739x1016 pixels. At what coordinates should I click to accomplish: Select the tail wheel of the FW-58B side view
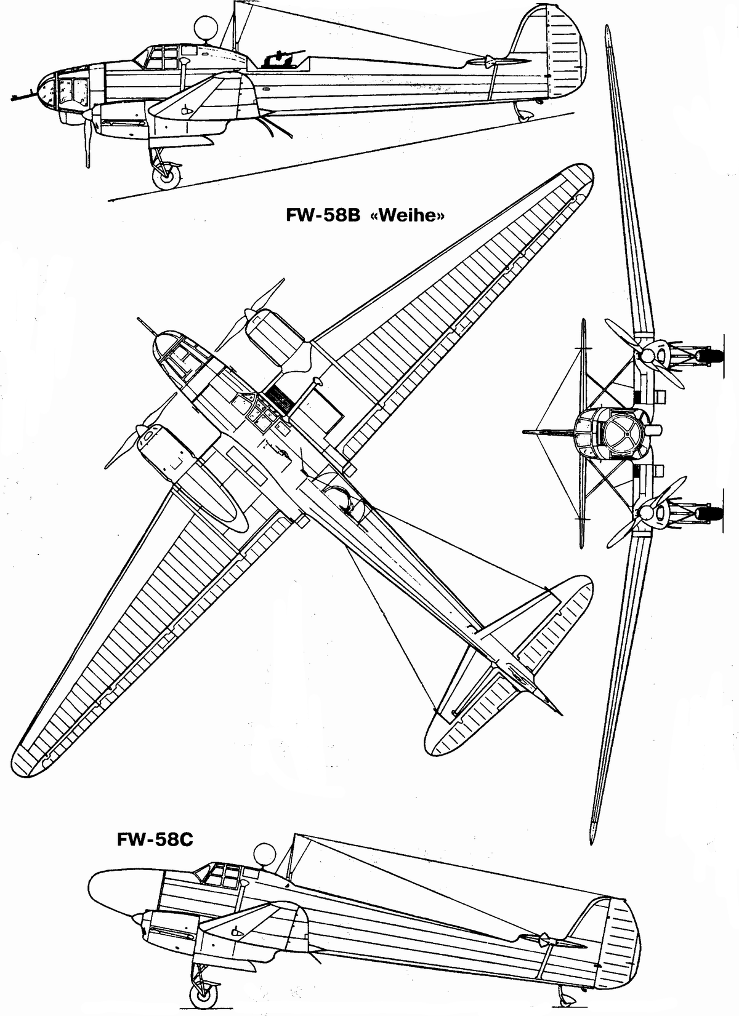click(x=524, y=114)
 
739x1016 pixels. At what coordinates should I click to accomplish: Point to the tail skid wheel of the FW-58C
click(x=563, y=994)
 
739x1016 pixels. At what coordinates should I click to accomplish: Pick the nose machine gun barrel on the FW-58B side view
click(x=22, y=96)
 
